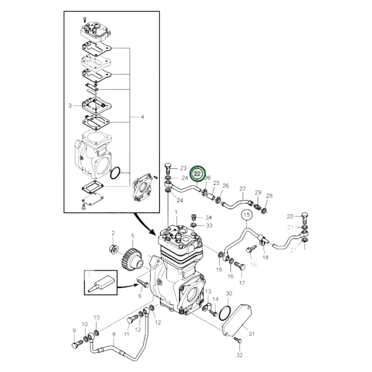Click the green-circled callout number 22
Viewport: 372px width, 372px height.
coord(197,174)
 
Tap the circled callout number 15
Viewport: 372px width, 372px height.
coord(246,214)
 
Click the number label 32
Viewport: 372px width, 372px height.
coord(239,355)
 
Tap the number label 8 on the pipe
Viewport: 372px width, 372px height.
coord(114,334)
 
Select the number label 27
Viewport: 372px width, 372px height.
coord(243,189)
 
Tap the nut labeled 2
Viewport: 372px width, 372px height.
coord(113,249)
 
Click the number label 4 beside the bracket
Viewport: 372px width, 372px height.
coord(142,117)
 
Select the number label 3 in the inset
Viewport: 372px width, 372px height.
coord(70,106)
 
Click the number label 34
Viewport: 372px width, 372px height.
coord(208,218)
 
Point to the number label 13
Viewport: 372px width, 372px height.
coord(208,291)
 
